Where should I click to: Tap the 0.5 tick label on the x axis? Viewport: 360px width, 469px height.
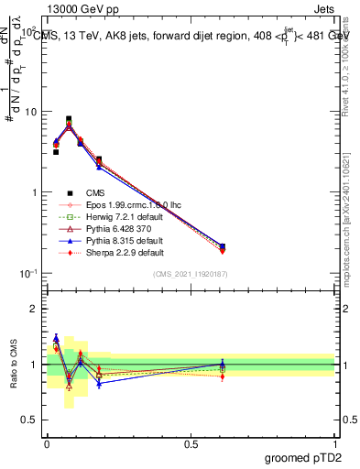tap(190, 443)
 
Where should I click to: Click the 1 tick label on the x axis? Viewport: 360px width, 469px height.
tap(334, 443)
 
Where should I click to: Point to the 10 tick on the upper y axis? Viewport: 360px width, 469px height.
tap(30, 112)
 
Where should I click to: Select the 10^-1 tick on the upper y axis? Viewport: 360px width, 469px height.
tap(28, 274)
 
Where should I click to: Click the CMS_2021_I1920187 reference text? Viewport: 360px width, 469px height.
tap(190, 275)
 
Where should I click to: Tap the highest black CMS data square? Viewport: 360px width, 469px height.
tap(69, 119)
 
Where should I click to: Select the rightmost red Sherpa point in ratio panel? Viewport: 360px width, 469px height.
tap(223, 376)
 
